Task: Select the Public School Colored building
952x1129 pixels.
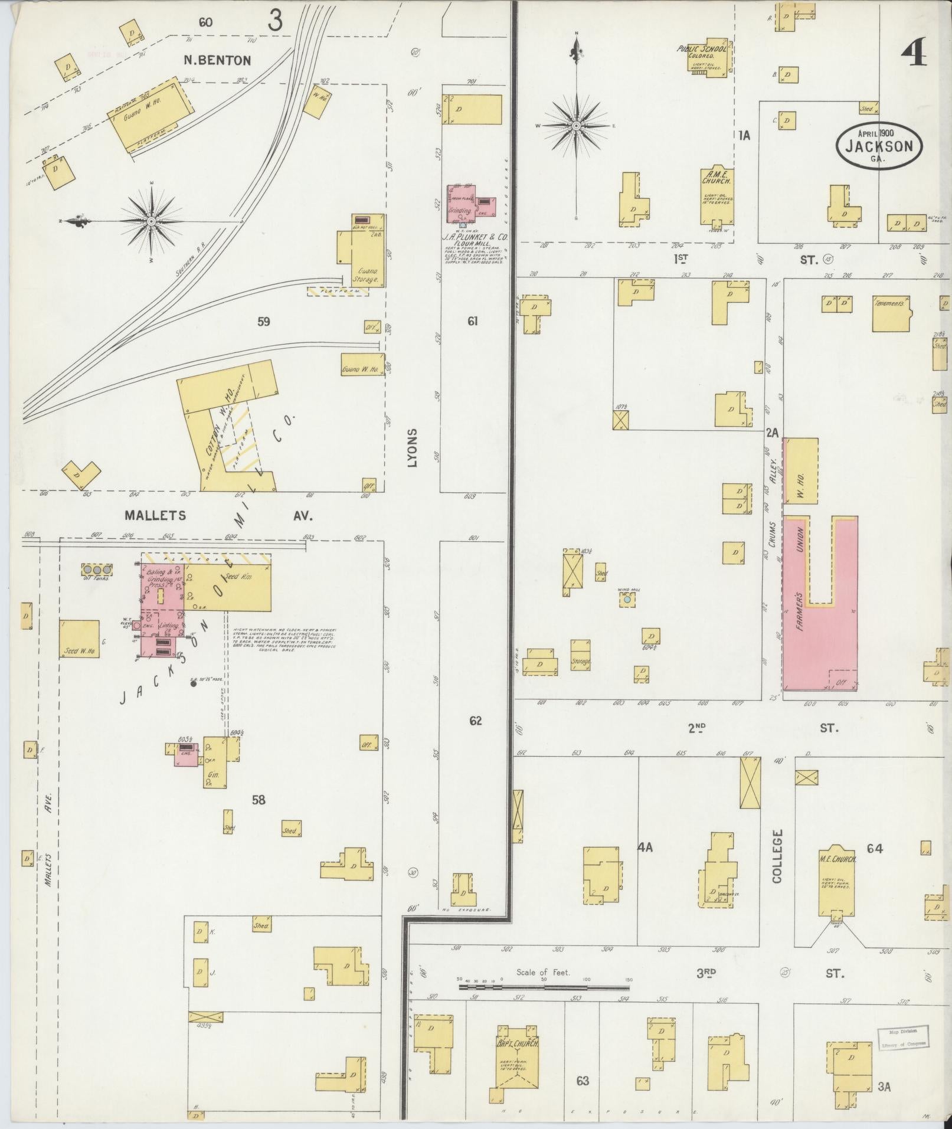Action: pos(710,58)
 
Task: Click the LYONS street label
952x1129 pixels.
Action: pos(412,449)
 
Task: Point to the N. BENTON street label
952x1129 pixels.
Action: pos(217,60)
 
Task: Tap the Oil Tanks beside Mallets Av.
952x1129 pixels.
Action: pos(97,570)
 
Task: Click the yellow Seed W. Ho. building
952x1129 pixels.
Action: pos(79,639)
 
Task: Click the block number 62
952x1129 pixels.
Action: pos(475,721)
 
